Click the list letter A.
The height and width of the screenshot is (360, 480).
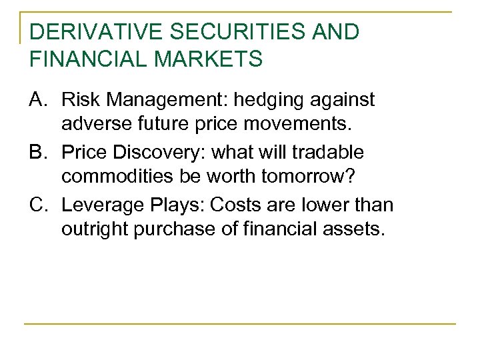pos(39,100)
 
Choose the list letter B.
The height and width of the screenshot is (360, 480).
pos(39,153)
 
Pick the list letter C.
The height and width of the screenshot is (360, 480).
pos(39,205)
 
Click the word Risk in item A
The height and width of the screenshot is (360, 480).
pos(78,100)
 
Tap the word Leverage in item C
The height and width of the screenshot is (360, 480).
pos(97,205)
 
